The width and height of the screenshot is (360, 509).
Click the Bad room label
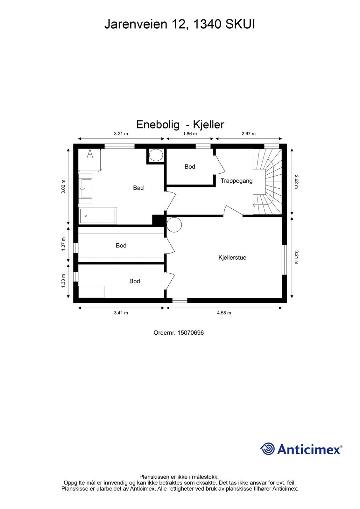pyautogui.click(x=138, y=188)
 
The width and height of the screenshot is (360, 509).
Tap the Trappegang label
pyautogui.click(x=236, y=181)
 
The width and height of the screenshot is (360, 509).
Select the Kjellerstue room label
pyautogui.click(x=232, y=257)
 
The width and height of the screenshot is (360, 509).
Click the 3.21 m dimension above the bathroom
pyautogui.click(x=121, y=134)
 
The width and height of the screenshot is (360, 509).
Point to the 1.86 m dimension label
pyautogui.click(x=190, y=134)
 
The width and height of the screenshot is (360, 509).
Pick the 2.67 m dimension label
pyautogui.click(x=249, y=134)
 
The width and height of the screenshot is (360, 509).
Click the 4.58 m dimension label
pyautogui.click(x=224, y=313)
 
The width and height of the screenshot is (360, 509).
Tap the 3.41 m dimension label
pyautogui.click(x=121, y=313)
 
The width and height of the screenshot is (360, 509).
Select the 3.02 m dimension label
pyautogui.click(x=63, y=187)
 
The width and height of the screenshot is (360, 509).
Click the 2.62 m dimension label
pyautogui.click(x=296, y=182)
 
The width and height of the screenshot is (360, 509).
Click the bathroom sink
pyautogui.click(x=85, y=189)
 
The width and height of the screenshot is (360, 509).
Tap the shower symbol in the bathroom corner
pyautogui.click(x=90, y=154)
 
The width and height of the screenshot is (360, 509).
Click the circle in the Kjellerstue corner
pyautogui.click(x=174, y=225)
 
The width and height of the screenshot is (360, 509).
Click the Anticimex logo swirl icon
pyautogui.click(x=267, y=449)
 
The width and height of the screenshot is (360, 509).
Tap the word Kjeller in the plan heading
pyautogui.click(x=208, y=124)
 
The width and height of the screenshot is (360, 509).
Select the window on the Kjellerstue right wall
pyautogui.click(x=284, y=259)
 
